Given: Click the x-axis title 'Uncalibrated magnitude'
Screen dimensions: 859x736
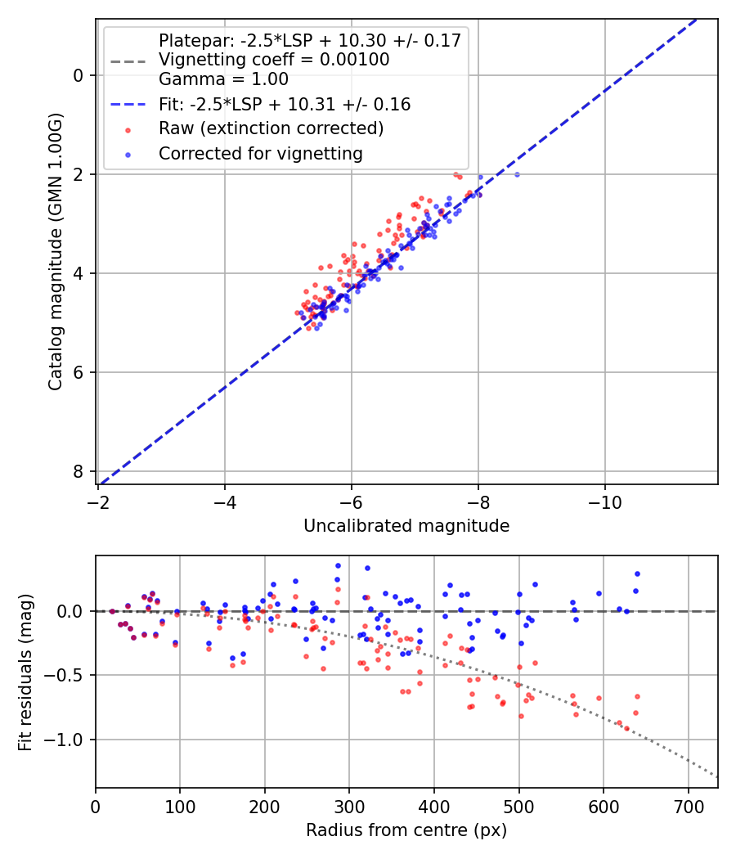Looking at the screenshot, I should point(406,526).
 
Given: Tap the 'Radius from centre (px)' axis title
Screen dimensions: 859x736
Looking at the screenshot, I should point(406,830).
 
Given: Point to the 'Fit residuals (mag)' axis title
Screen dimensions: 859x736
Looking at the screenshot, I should point(25,672).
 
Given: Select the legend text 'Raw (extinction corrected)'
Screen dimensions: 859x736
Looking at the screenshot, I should point(271,128).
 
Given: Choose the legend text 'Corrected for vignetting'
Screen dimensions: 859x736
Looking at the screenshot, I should point(260,153).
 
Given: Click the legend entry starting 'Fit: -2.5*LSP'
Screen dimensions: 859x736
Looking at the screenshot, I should point(285,105).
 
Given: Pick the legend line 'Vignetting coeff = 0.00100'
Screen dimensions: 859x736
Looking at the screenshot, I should point(274,60).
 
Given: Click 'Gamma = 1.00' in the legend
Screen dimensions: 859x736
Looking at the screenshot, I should point(223,79).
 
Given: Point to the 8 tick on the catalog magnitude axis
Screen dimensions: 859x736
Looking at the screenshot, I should point(79,471).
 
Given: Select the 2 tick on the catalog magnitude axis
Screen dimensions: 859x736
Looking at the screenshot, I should point(79,174).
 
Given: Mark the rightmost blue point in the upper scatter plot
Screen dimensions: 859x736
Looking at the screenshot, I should point(516,174).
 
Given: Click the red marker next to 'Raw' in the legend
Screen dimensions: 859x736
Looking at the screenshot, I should point(127,129).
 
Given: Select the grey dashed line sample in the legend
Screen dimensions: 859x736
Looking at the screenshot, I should point(127,61).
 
